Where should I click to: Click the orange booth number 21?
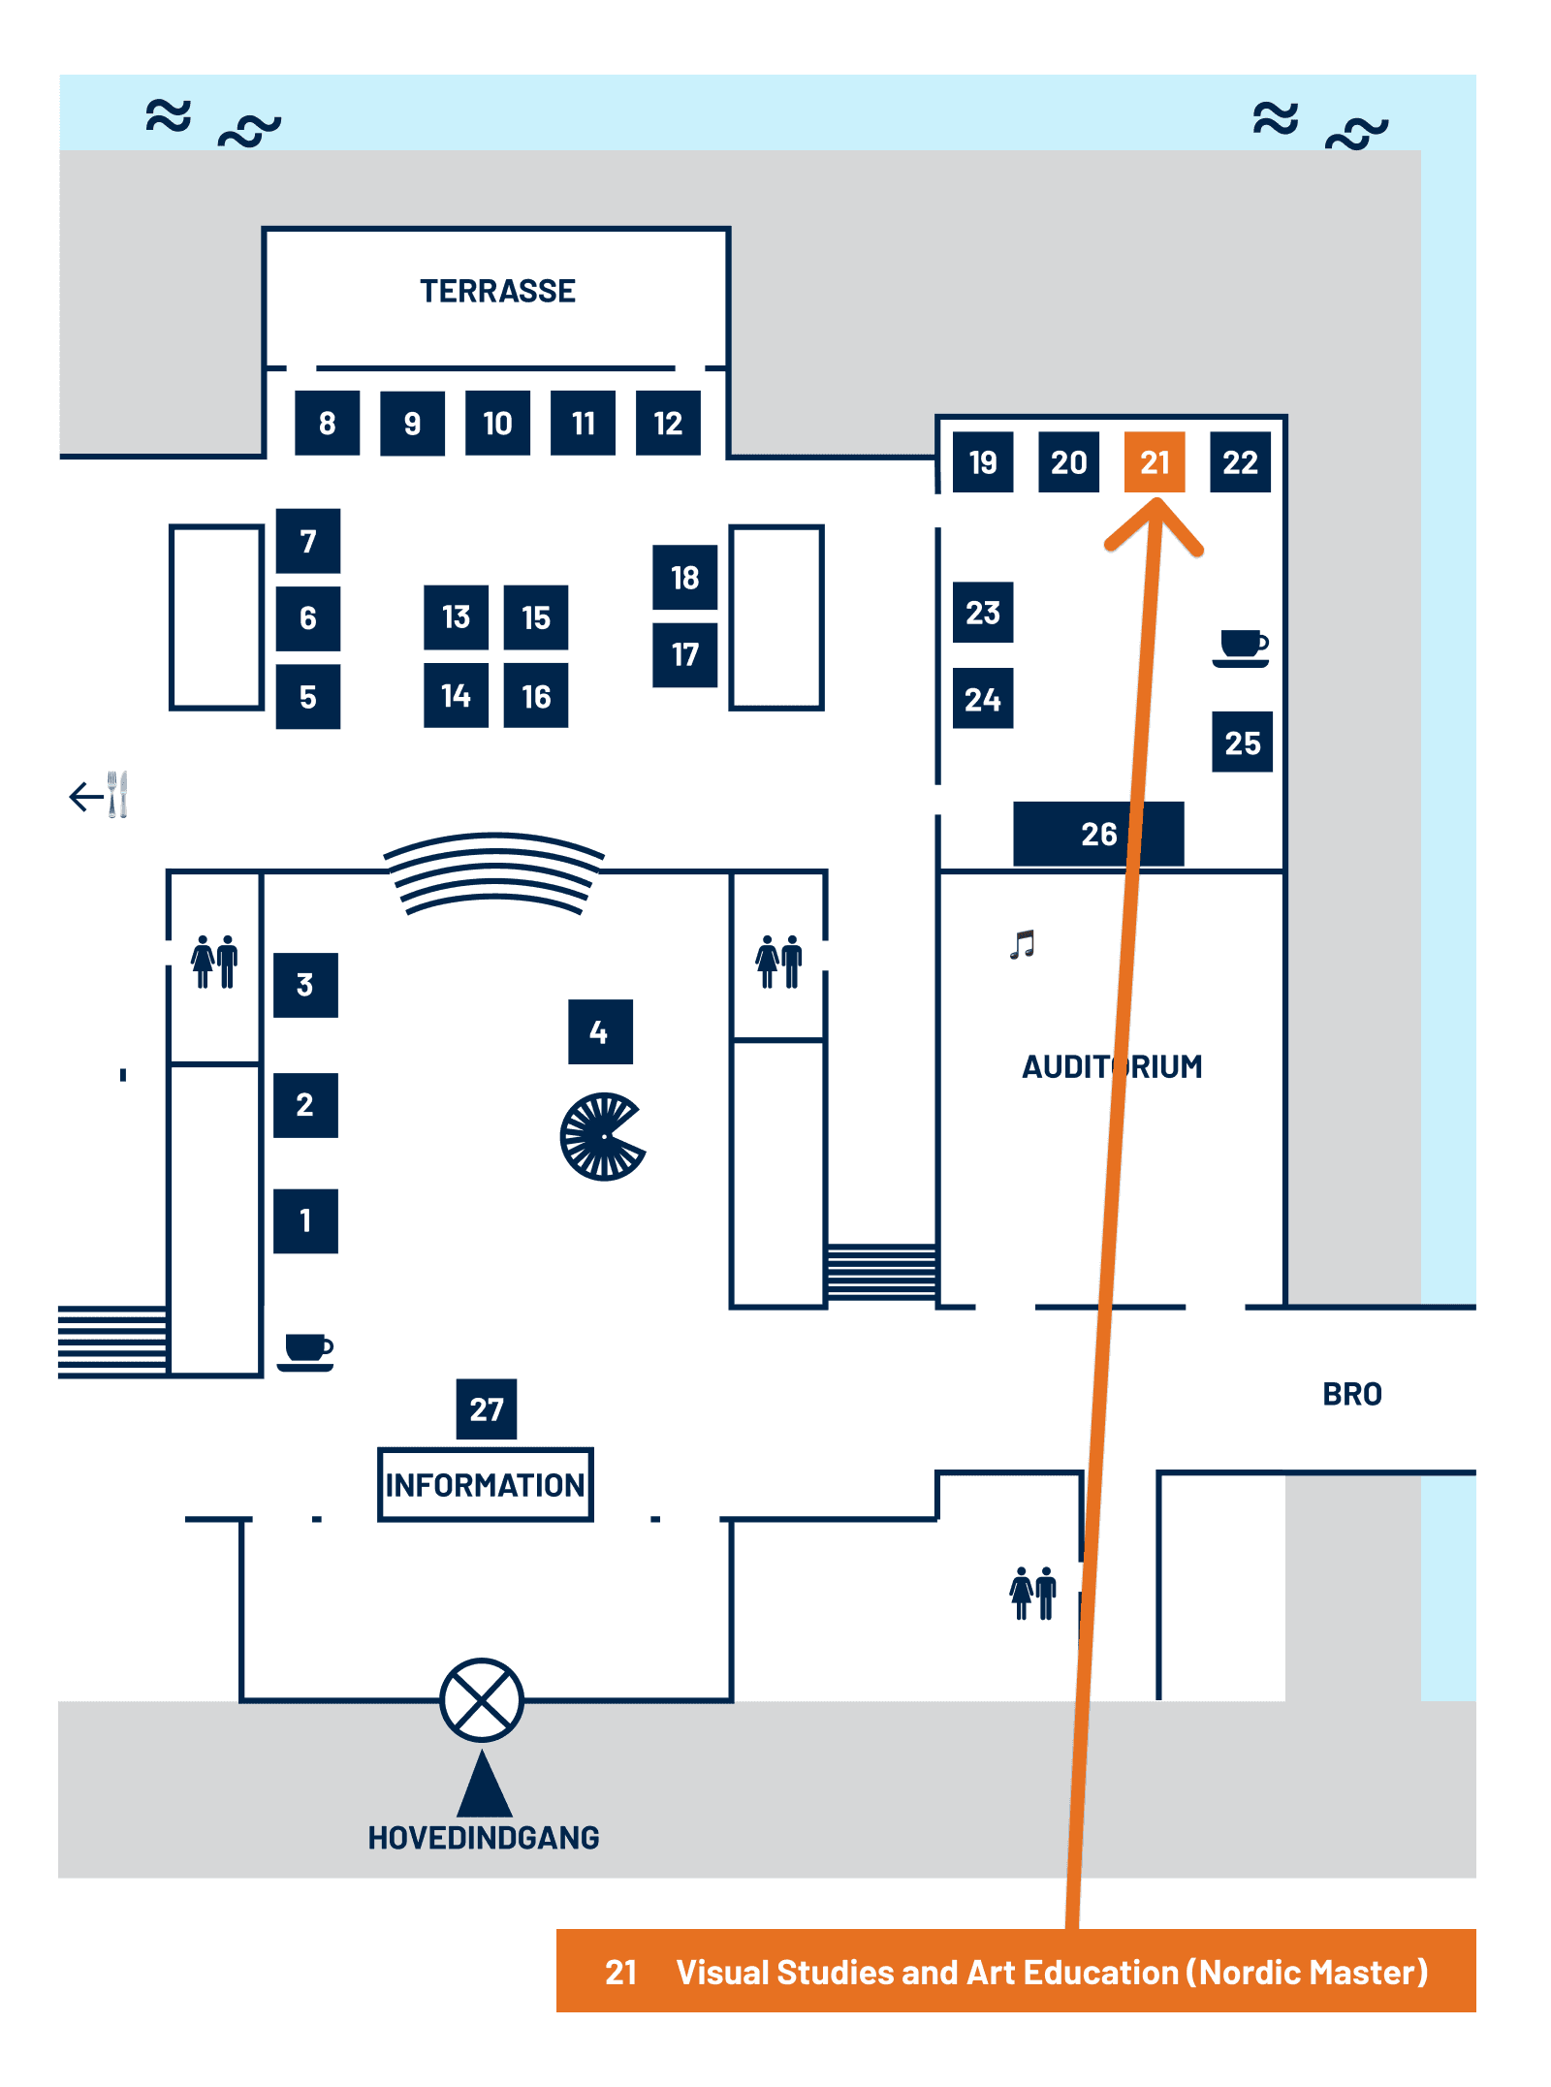coord(1154,462)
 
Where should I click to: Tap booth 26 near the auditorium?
coord(1097,834)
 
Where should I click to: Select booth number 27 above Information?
coord(486,1408)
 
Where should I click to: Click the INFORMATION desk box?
coord(485,1484)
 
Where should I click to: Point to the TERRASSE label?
coord(497,291)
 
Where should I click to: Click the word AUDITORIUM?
coord(1112,1066)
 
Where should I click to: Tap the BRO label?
coord(1351,1394)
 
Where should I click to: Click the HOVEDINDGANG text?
coord(483,1838)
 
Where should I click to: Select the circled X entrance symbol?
coord(482,1700)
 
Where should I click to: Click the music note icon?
coord(1023,944)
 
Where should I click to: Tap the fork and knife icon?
coord(116,795)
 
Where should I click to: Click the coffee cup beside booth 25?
coord(1241,648)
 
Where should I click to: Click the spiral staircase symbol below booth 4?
coord(602,1136)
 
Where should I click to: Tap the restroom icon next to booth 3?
coord(214,962)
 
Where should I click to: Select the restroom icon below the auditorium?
coord(1032,1593)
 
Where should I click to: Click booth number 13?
coord(456,617)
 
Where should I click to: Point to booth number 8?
coord(327,423)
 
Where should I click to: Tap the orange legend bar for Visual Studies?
coord(1015,1972)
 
